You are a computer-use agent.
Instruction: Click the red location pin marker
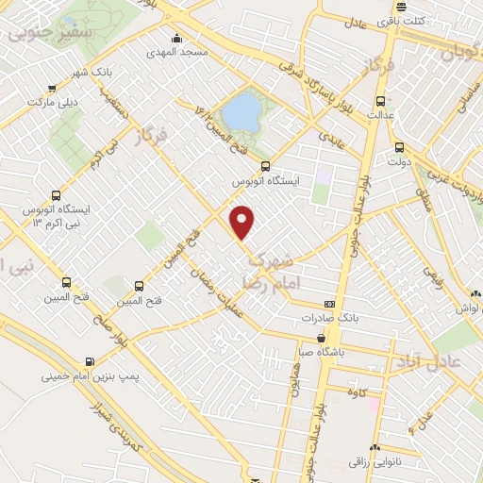pos(243,222)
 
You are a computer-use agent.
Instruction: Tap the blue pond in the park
pos(243,112)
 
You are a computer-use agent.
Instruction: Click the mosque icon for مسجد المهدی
pos(176,39)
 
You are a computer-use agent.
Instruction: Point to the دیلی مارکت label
pos(53,99)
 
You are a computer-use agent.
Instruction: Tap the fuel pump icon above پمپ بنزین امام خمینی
pos(90,360)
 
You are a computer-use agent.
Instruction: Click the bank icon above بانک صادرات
pos(329,304)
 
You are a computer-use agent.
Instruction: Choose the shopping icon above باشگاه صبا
pos(323,338)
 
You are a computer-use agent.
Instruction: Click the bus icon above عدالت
pos(380,101)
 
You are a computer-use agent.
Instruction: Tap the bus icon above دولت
pos(400,146)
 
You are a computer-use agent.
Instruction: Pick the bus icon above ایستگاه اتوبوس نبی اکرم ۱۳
pos(58,187)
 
